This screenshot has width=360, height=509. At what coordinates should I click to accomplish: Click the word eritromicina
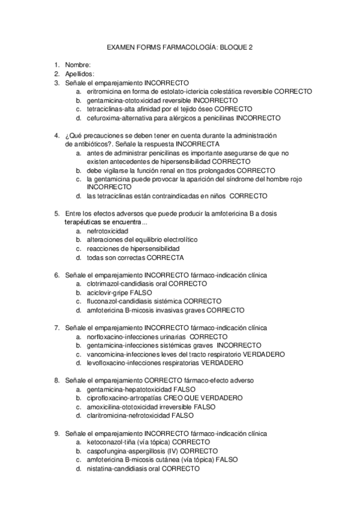(x=106, y=91)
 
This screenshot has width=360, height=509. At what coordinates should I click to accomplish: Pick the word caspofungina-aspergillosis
(x=128, y=451)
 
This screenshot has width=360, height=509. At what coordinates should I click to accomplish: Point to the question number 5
(x=56, y=213)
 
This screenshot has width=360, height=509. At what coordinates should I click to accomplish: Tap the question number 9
(x=56, y=433)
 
